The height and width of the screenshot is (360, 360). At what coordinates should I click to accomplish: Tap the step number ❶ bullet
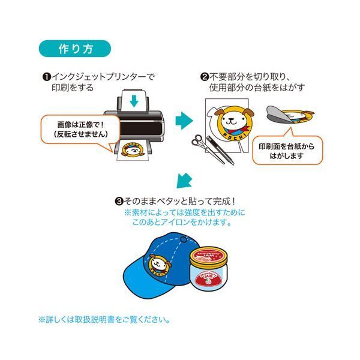pos(46,77)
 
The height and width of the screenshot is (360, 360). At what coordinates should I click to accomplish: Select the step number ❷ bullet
pos(204,77)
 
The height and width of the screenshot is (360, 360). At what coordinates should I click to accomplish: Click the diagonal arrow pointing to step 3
pos(187,179)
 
